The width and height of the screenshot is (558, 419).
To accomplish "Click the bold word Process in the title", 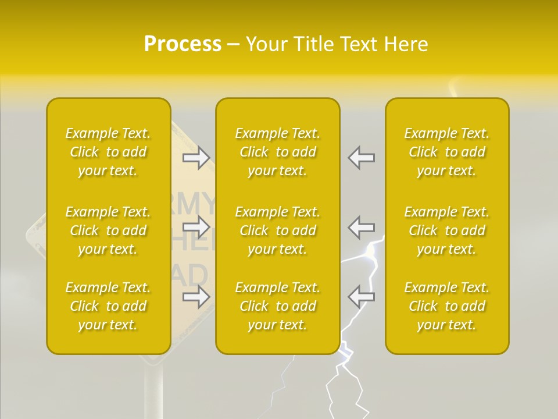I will click(x=183, y=44).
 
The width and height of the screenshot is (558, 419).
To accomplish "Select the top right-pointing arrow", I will click(x=196, y=158).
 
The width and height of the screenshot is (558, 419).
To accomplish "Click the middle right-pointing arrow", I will click(x=196, y=227).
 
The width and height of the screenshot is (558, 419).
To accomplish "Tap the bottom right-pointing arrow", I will click(x=196, y=297).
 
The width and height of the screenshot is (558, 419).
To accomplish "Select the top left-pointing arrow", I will click(x=361, y=158).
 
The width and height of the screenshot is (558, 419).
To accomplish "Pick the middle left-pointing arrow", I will click(x=361, y=227).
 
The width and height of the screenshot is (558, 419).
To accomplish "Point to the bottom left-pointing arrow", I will click(x=361, y=297).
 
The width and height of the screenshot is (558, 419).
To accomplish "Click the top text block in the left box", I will click(x=108, y=152).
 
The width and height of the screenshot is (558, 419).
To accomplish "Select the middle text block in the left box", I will click(x=108, y=230).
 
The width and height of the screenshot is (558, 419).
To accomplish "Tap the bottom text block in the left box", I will click(x=108, y=306).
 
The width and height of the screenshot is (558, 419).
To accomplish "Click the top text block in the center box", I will click(x=277, y=152).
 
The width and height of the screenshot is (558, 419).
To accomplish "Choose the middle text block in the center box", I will click(x=277, y=230).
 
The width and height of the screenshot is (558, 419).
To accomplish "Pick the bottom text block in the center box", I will click(x=277, y=306).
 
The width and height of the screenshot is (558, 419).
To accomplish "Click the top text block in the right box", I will click(x=446, y=152).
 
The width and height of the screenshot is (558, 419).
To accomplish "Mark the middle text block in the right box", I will click(x=446, y=230).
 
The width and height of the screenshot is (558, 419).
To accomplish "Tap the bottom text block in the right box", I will click(x=446, y=306).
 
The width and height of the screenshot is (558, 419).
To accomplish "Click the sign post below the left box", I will click(x=153, y=390).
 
